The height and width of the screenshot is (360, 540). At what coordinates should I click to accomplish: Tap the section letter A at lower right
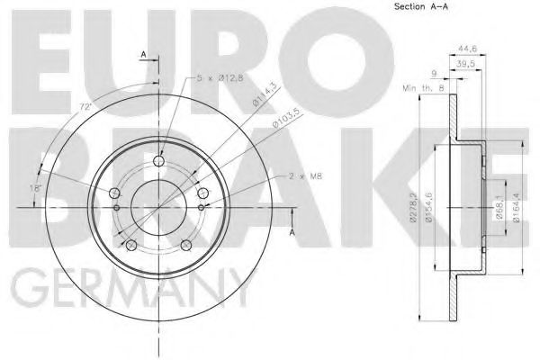(x=292, y=233)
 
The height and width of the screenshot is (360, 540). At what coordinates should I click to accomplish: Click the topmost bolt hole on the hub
(x=159, y=162)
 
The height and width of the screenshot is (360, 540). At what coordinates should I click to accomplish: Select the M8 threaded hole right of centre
(x=199, y=206)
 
